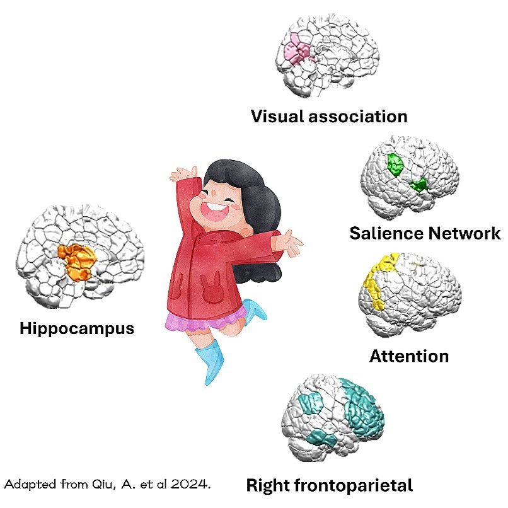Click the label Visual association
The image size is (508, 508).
(x=329, y=117)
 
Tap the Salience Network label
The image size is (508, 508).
(x=425, y=234)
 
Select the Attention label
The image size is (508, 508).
(x=409, y=356)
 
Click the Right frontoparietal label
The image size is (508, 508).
(x=329, y=486)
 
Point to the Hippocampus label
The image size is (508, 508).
(x=77, y=328)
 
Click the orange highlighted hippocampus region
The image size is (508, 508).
(x=77, y=261)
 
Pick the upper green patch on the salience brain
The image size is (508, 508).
(x=395, y=165)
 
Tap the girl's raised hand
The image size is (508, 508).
(x=183, y=173)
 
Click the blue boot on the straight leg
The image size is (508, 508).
(x=215, y=362)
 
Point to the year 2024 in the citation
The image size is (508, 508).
(x=190, y=485)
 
